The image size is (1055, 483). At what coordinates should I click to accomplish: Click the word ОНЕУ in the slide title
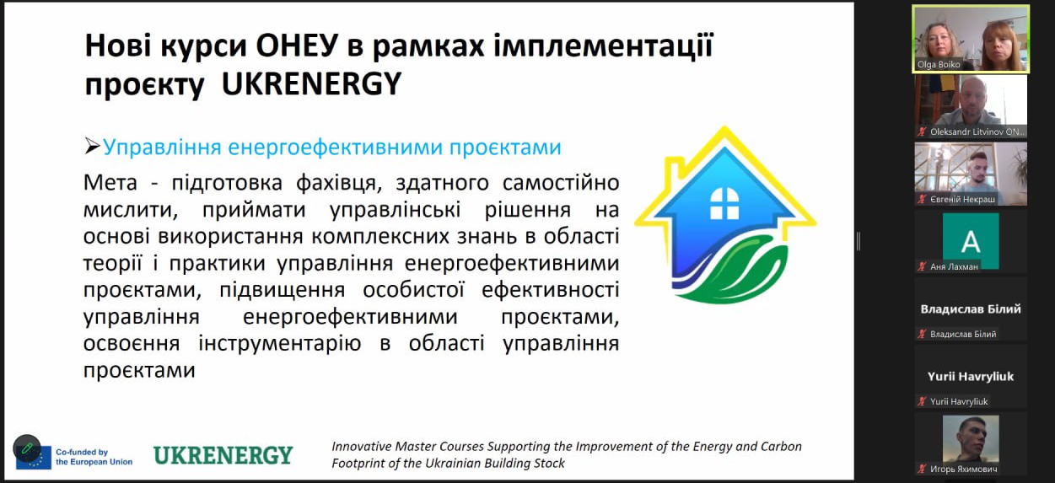click(297, 46)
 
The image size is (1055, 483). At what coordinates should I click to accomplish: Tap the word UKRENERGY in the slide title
click(311, 84)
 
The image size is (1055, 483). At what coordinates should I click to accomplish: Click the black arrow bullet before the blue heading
click(92, 147)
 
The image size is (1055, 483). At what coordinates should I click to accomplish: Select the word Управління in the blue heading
click(162, 148)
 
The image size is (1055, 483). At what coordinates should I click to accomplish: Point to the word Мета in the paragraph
click(110, 183)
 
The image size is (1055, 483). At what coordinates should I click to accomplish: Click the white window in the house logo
click(724, 203)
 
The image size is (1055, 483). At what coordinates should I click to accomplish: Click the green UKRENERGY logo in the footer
click(223, 456)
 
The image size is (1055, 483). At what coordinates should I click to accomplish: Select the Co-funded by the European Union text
click(94, 457)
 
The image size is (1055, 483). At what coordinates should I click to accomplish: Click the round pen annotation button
click(27, 448)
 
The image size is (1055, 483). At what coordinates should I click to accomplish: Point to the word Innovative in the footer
click(362, 446)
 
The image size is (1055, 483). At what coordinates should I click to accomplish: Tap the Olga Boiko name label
click(938, 65)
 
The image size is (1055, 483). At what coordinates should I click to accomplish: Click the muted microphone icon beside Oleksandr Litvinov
click(922, 131)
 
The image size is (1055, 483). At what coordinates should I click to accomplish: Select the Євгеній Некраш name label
click(963, 199)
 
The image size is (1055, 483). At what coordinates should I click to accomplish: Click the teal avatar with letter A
click(971, 241)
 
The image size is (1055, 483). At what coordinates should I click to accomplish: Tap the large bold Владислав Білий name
click(971, 309)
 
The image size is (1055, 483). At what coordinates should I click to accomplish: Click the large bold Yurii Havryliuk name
click(971, 377)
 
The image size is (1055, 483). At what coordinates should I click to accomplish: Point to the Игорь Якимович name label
click(963, 469)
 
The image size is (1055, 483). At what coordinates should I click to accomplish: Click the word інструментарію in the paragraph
click(280, 344)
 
